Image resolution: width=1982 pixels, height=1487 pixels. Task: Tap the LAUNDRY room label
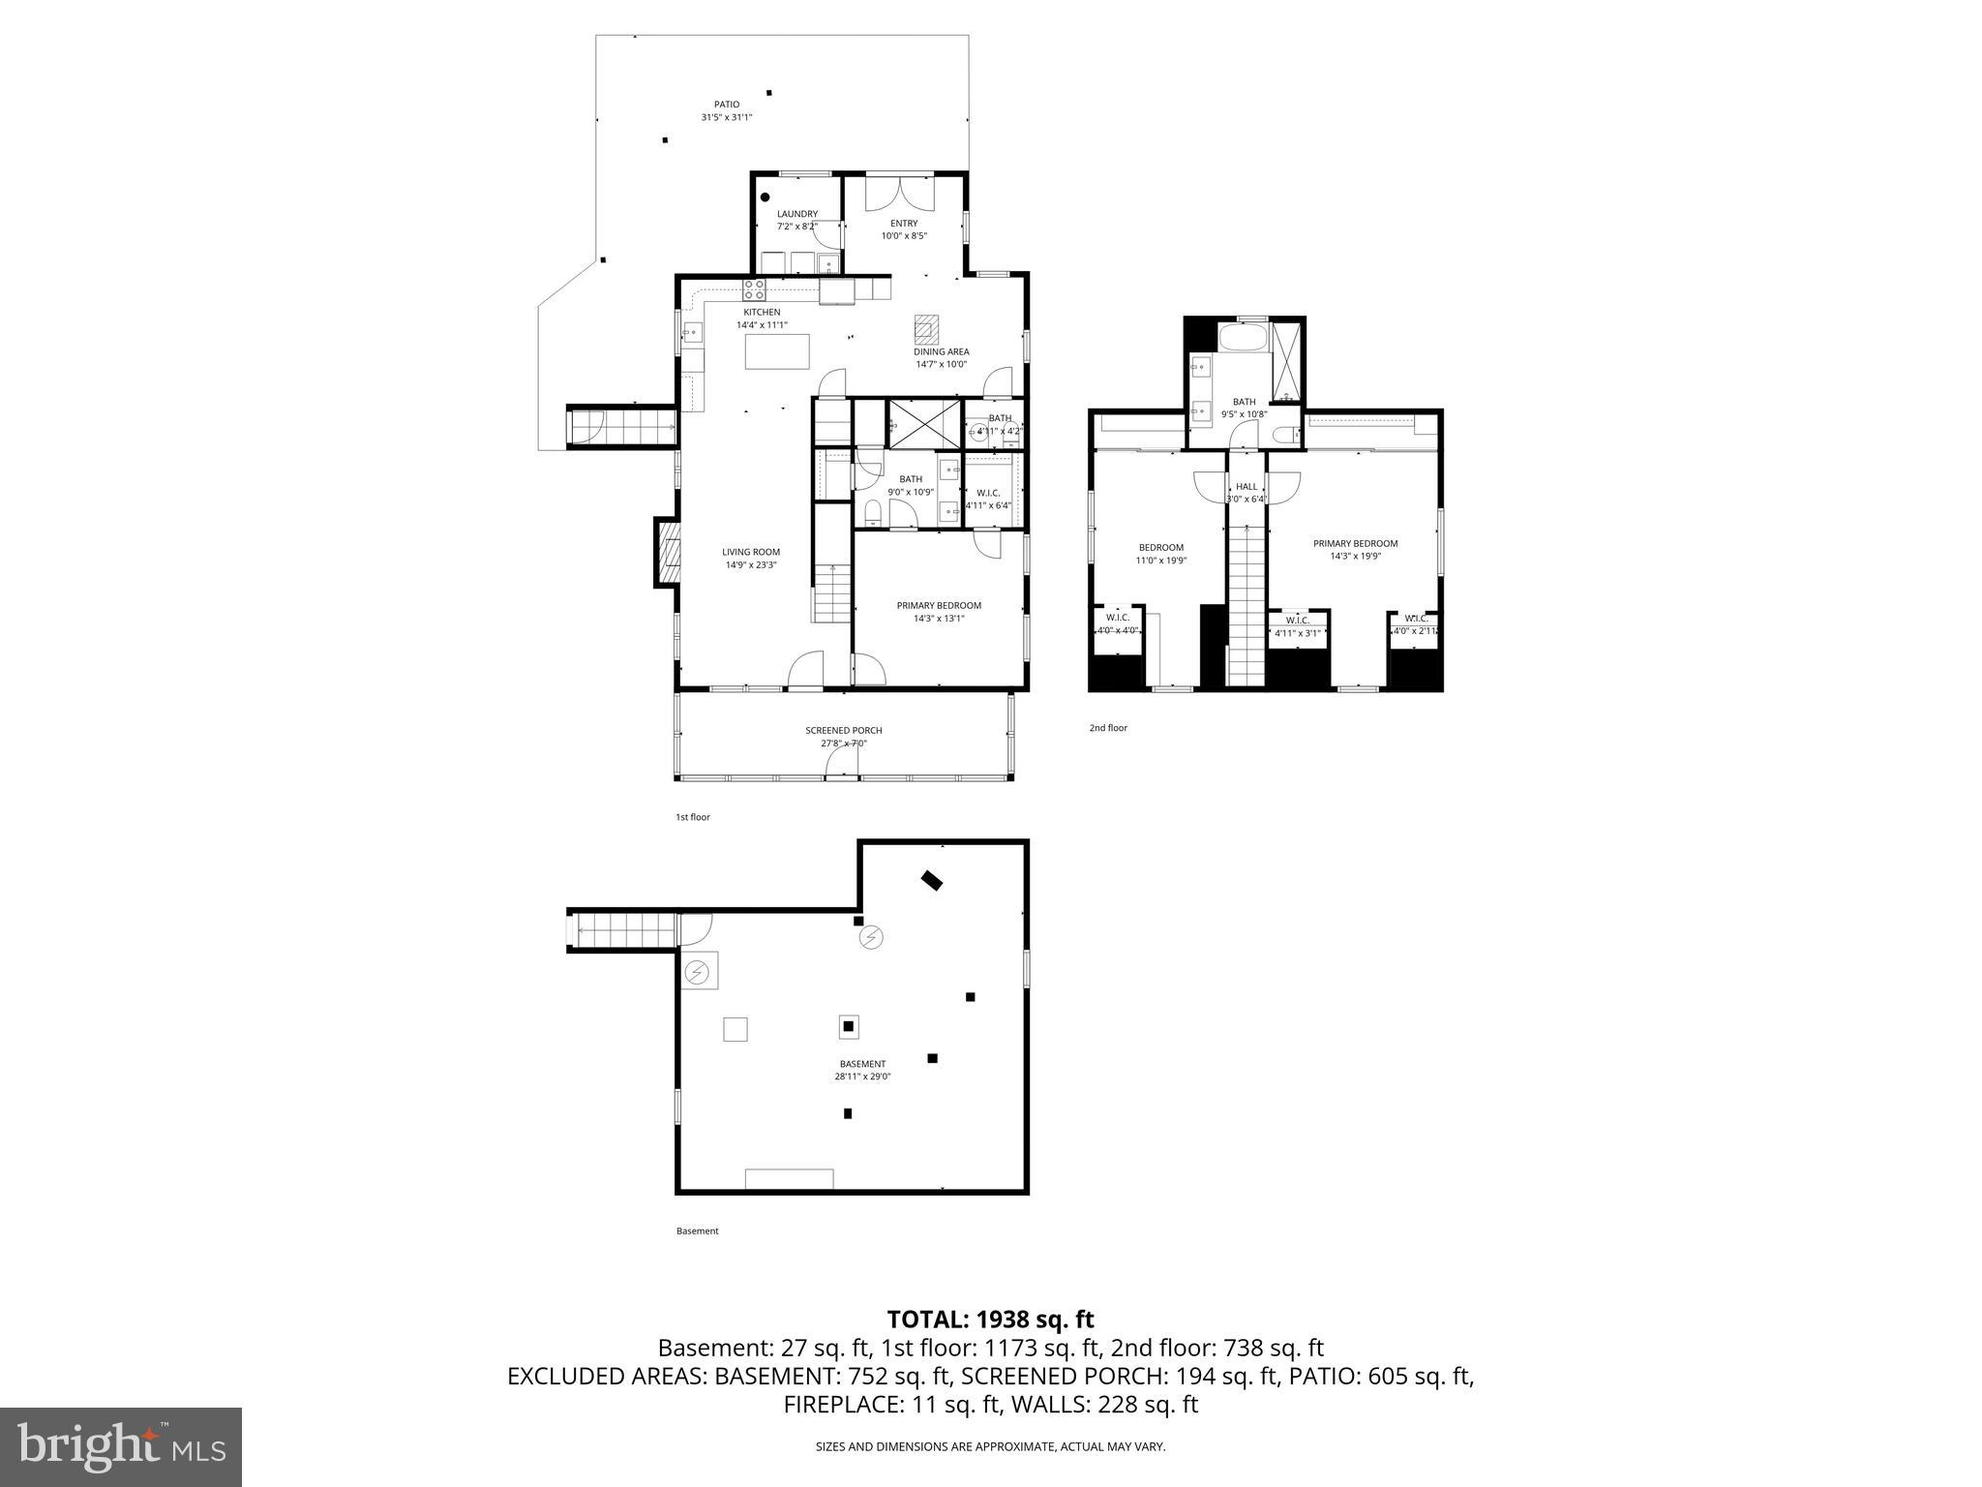[797, 214]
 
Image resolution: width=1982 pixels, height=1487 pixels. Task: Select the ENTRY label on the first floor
[904, 224]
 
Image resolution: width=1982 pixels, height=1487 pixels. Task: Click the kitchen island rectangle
[777, 351]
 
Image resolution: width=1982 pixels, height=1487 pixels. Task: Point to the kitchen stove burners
[754, 288]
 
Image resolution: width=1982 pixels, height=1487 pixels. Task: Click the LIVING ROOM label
[751, 552]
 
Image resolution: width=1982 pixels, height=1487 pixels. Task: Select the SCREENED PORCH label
[844, 731]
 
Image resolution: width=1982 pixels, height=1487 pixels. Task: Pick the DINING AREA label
[942, 352]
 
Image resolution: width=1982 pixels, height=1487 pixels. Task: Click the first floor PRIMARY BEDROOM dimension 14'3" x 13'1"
[939, 619]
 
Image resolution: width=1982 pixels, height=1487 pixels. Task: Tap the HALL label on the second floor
[1246, 487]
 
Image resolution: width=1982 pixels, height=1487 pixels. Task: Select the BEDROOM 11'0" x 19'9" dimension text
[1160, 561]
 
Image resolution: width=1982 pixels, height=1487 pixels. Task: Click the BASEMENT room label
[861, 1064]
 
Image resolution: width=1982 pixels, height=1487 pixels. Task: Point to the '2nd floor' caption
[1108, 728]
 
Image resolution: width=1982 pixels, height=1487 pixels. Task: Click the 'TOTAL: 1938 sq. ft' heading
[990, 1319]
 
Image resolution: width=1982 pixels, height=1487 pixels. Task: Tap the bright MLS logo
[121, 1446]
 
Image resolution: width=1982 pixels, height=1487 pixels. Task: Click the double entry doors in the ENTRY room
[900, 193]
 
